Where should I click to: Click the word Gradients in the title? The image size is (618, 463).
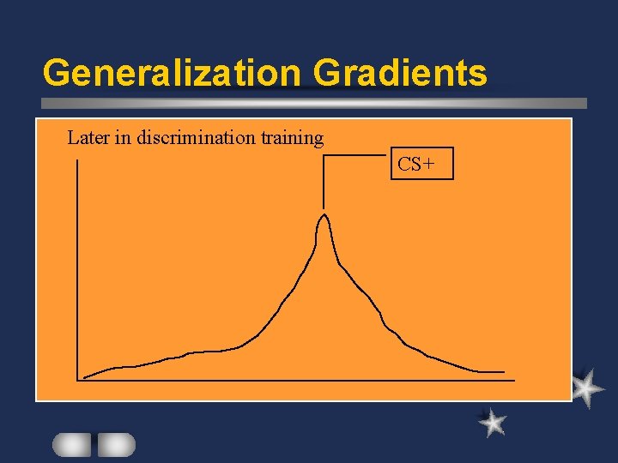click(400, 73)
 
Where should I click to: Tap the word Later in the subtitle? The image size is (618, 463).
click(88, 137)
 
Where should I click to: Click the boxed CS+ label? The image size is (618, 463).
click(421, 163)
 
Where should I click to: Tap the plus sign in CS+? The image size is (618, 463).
click(438, 164)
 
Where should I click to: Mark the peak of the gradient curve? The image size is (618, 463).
click(324, 214)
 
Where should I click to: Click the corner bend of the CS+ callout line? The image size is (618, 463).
click(324, 155)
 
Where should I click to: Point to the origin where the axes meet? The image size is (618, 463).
click(78, 378)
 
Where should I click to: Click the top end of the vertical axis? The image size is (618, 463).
click(78, 161)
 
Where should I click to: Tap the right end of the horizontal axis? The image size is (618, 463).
click(514, 378)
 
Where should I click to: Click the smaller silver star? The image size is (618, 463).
click(492, 422)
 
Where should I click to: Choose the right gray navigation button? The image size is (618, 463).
click(116, 444)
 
